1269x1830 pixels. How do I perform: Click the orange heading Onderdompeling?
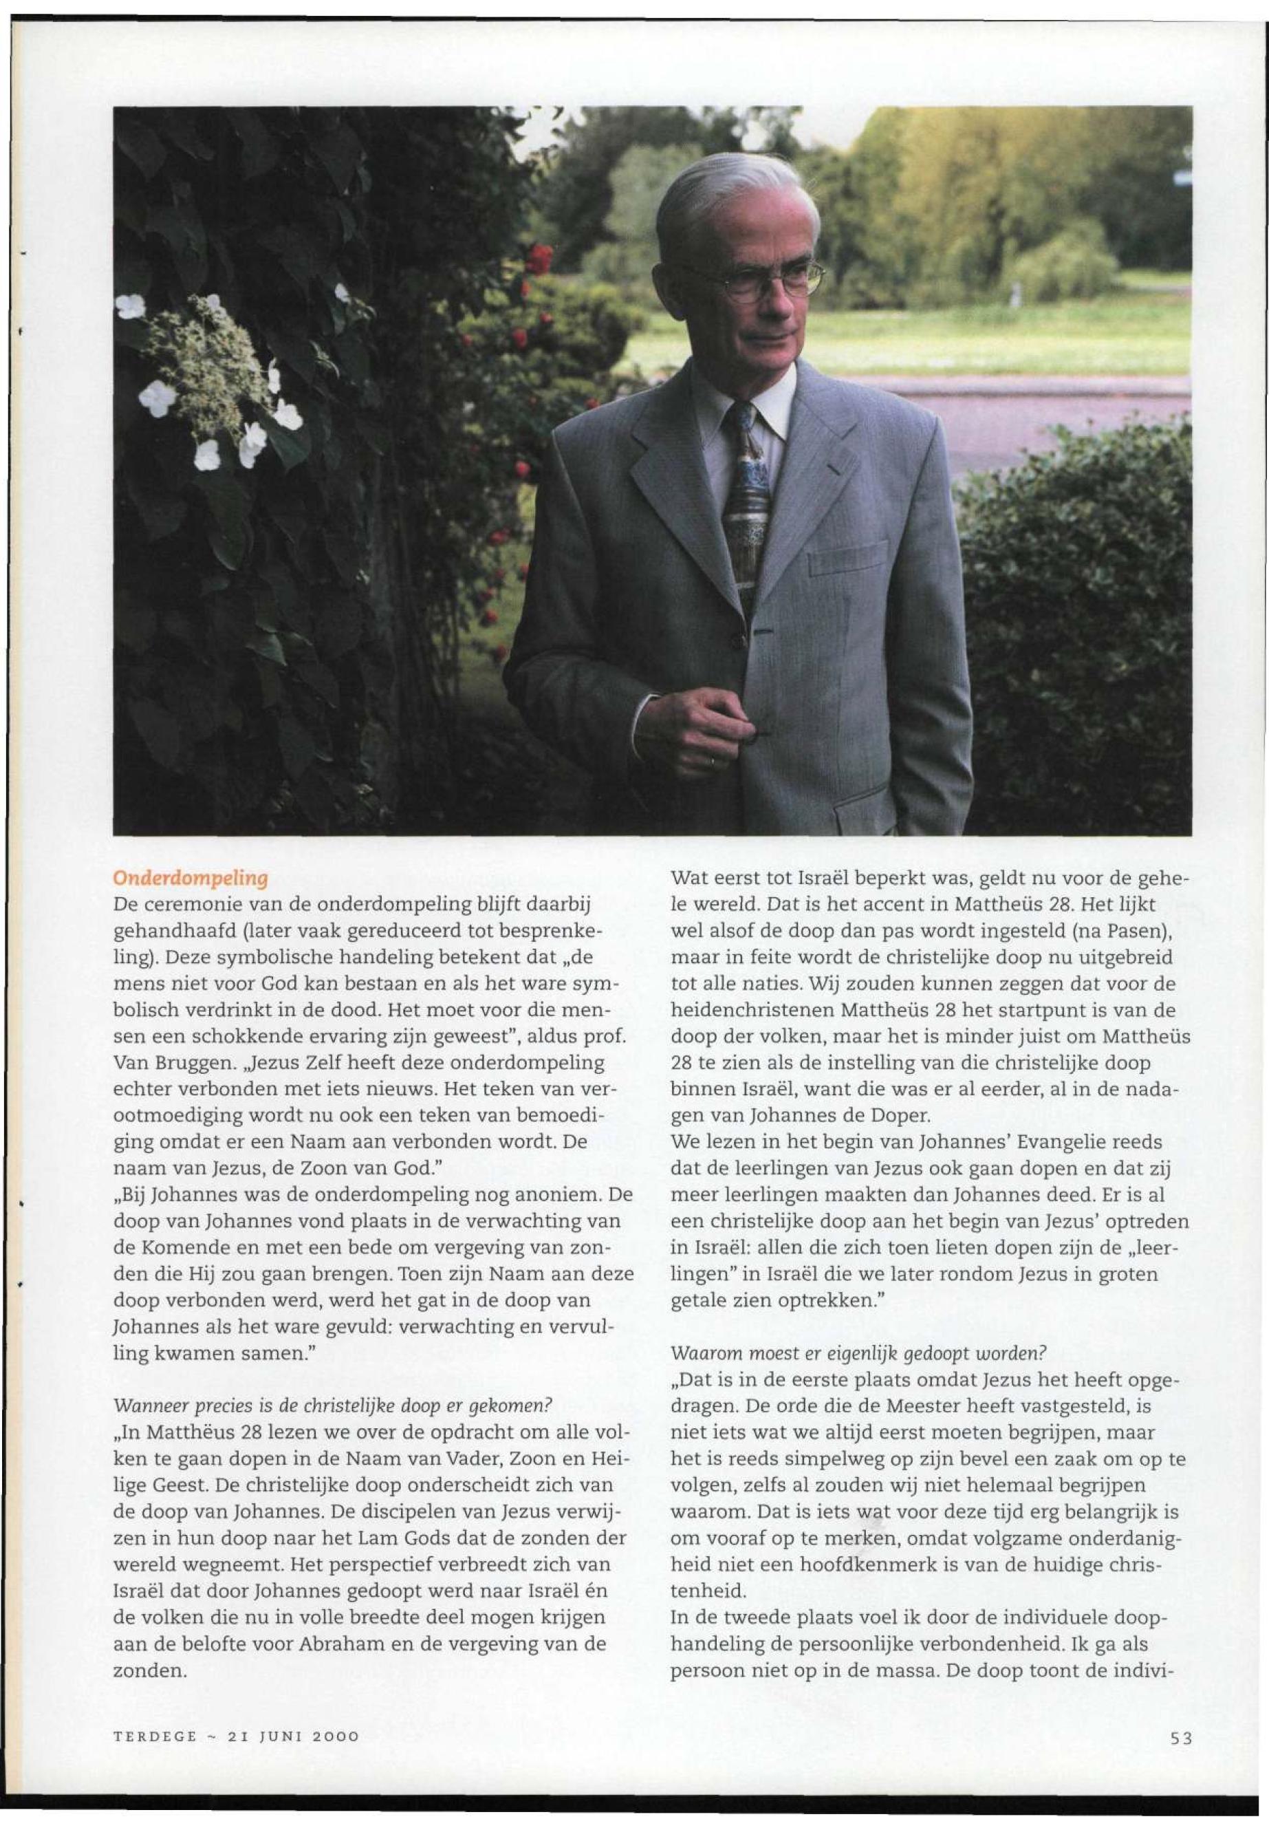(190, 878)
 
